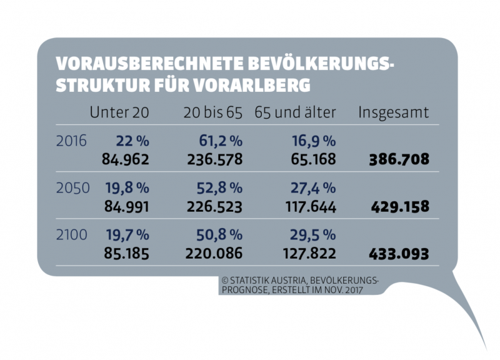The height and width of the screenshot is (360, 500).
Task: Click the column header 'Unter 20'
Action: (119, 112)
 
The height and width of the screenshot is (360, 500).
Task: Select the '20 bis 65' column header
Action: (212, 112)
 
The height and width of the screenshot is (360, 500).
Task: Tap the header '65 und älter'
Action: (295, 112)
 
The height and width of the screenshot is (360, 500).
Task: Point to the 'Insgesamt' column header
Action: (393, 112)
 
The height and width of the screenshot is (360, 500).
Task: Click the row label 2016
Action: (70, 141)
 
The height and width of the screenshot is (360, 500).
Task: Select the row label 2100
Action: (70, 235)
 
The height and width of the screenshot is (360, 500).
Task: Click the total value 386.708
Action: (398, 159)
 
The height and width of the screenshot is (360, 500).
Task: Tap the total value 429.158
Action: (398, 207)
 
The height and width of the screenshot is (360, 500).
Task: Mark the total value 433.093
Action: (398, 254)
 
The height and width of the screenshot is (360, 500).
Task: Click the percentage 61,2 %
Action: (218, 141)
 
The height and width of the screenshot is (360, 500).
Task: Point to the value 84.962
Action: (126, 159)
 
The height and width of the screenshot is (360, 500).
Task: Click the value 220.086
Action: (214, 254)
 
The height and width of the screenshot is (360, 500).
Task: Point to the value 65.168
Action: (314, 159)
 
